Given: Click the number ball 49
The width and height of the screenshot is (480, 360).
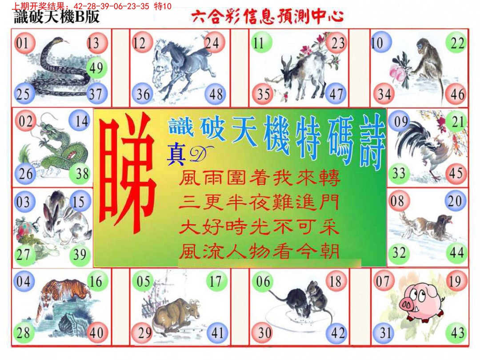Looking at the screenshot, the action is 96,68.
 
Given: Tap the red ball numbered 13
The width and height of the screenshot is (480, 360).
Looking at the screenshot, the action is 96,43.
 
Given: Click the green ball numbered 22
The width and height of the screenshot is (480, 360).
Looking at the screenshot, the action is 457,43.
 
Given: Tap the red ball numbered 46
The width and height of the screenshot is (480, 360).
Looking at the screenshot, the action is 457,94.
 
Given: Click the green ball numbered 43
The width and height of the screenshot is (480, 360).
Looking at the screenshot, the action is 457,333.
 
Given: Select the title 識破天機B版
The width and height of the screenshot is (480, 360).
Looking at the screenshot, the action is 57,16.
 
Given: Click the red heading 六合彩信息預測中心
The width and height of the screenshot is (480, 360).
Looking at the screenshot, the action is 267,16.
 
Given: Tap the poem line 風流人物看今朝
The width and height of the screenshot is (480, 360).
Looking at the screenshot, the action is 259,252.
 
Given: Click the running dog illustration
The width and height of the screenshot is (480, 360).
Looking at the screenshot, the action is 424,227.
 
